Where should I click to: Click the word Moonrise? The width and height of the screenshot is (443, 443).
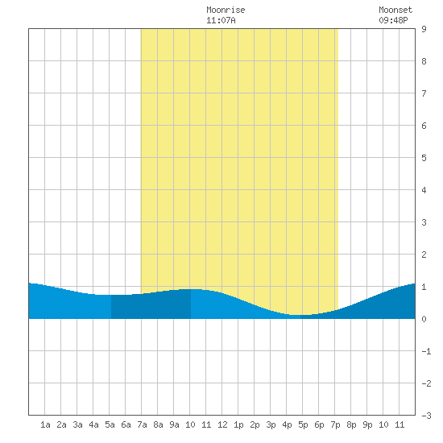pos(226,10)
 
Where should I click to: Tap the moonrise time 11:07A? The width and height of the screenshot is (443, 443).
pos(221,20)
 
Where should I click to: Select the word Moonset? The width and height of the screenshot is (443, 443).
pos(395,10)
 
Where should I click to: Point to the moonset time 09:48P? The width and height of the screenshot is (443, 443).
pos(393,20)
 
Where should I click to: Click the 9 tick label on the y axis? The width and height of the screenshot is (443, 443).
pos(424,29)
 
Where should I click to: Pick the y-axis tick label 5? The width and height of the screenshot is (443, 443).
pos(424,158)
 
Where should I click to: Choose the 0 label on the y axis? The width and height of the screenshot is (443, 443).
pos(424,319)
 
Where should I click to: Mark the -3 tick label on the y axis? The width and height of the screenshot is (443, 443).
pos(426,416)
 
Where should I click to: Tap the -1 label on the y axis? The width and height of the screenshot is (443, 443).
pos(426,351)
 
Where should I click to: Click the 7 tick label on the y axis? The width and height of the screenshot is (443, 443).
pos(424,93)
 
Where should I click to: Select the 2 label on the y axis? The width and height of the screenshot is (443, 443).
pos(424,255)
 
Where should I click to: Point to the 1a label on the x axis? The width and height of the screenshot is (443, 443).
pos(45,424)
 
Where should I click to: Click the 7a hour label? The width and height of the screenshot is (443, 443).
pos(142,424)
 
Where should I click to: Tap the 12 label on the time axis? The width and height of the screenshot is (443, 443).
pos(222,424)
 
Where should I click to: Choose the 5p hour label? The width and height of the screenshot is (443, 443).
pos(303,424)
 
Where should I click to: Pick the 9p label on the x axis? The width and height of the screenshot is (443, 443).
pos(367,424)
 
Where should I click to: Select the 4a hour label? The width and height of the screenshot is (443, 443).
pos(93,424)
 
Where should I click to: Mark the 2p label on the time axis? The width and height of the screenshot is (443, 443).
pos(255,424)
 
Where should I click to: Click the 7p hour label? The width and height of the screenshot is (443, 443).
pos(335,424)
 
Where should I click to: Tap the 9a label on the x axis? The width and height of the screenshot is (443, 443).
pos(174,424)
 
